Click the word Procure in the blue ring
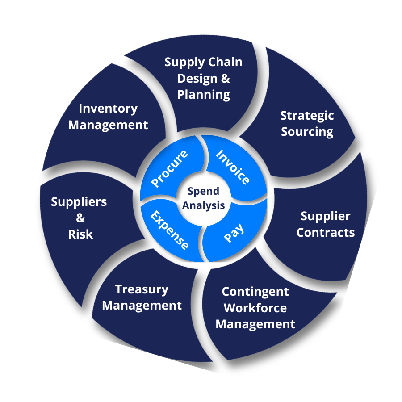169,168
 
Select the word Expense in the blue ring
169,230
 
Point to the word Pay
234,233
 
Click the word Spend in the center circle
203,192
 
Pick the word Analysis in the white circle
203,205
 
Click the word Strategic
307,116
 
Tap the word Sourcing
307,132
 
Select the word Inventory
108,109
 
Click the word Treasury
142,290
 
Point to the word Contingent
255,292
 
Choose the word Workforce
255,308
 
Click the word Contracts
326,233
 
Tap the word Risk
80,234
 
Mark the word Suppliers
79,202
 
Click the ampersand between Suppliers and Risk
80,218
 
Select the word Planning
204,95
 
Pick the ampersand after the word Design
226,79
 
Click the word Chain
225,62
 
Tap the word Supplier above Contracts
325,216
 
